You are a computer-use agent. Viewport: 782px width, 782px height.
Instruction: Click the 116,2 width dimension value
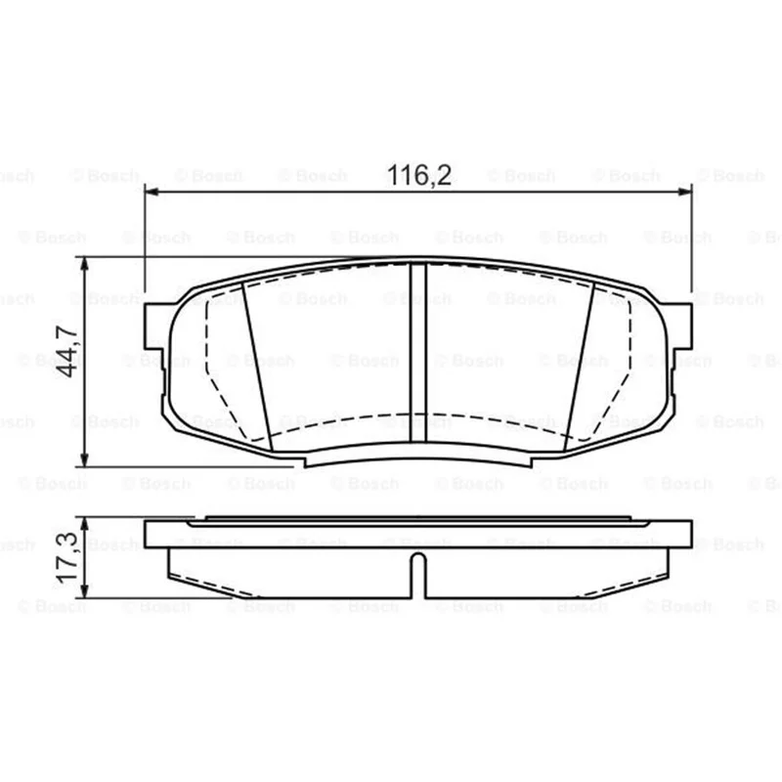point(419,175)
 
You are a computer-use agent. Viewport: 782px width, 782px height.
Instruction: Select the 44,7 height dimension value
point(67,351)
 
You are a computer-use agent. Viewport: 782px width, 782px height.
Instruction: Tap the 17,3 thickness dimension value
point(67,557)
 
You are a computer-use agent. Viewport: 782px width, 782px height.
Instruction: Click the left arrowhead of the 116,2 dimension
point(152,192)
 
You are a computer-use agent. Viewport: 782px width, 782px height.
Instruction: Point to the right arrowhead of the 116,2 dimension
point(685,192)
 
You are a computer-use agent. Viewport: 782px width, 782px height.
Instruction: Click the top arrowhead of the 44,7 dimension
point(85,265)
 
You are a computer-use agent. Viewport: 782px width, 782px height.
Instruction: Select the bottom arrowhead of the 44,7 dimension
point(85,459)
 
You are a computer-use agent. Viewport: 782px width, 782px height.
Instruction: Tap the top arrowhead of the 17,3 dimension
point(85,524)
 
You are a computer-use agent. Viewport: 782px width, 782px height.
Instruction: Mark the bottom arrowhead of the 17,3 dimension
point(85,591)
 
